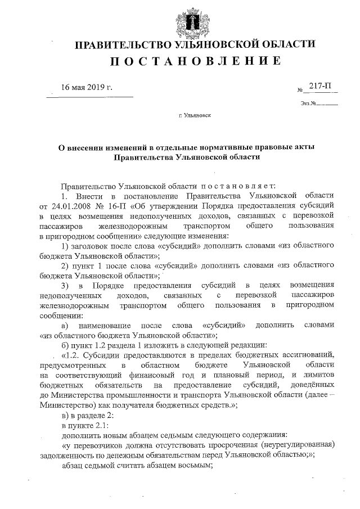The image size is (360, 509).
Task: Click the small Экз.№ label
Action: point(309,103)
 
